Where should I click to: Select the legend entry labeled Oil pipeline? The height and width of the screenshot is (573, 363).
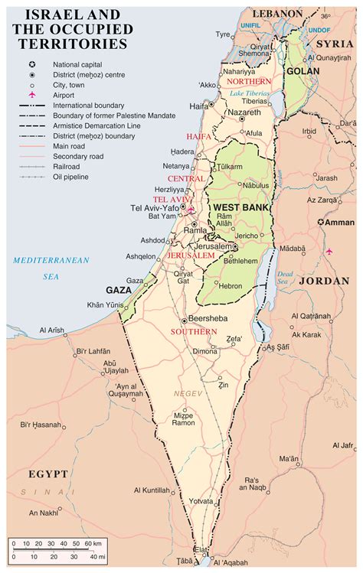pyautogui.click(x=71, y=177)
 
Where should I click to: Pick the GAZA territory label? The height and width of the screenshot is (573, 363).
pyautogui.click(x=118, y=290)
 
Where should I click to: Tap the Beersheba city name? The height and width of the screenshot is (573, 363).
pyautogui.click(x=209, y=320)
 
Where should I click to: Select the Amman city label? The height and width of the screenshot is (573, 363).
pyautogui.click(x=339, y=222)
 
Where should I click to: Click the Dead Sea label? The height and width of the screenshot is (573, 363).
pyautogui.click(x=285, y=276)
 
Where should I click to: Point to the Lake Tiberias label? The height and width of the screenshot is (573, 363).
pyautogui.click(x=253, y=93)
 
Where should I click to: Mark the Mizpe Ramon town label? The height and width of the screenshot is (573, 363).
pyautogui.click(x=183, y=418)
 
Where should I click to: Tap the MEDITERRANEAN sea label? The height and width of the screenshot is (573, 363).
pyautogui.click(x=51, y=260)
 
